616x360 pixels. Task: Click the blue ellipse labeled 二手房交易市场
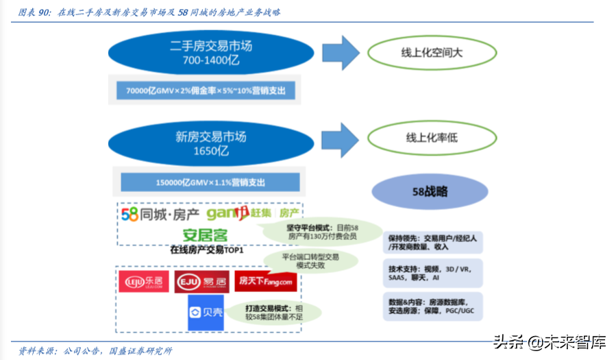(212, 54)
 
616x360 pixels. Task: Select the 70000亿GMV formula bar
(205, 91)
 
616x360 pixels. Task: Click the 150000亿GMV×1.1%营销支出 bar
(210, 182)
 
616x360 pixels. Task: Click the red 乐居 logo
(143, 282)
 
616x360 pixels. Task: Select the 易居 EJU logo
(201, 282)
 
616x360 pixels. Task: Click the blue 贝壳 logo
(206, 312)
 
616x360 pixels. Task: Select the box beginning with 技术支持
(432, 272)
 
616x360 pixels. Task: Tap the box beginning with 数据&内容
(432, 306)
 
